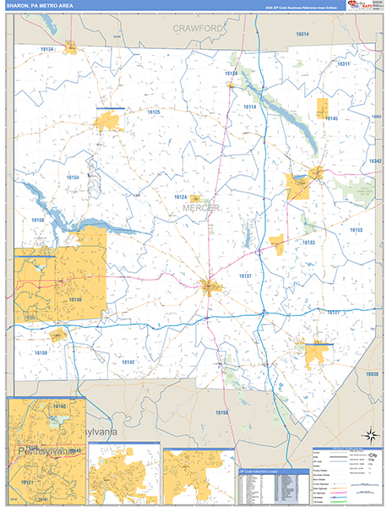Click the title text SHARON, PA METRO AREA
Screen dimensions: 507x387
point(38,5)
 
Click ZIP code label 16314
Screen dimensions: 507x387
point(303,34)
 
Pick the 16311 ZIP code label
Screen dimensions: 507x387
point(343,64)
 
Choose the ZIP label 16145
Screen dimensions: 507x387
point(330,118)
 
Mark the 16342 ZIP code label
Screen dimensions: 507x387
point(375,161)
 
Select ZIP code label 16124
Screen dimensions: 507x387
point(181,198)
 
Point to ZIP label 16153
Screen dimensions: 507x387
point(356,230)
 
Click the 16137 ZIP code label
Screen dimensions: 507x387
point(245,276)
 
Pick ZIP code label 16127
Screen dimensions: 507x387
point(333,313)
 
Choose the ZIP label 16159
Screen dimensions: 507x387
point(41,352)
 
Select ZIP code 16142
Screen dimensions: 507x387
point(128,362)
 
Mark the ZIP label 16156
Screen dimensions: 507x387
point(222,412)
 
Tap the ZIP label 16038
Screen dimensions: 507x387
point(373,373)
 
